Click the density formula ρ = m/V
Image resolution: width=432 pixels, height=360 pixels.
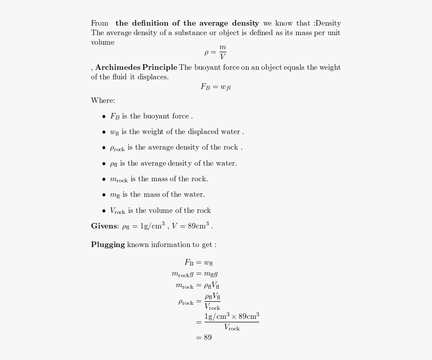pyautogui.click(x=215, y=52)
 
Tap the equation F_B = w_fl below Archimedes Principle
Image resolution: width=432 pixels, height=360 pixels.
pyautogui.click(x=215, y=87)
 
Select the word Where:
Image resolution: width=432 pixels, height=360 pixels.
pyautogui.click(x=103, y=100)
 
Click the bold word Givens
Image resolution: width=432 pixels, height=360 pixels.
pyautogui.click(x=104, y=226)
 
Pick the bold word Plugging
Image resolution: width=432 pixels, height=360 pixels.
pyautogui.click(x=107, y=245)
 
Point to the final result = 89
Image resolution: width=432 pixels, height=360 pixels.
pyautogui.click(x=204, y=337)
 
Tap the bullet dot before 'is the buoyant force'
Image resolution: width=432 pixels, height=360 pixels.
pyautogui.click(x=104, y=116)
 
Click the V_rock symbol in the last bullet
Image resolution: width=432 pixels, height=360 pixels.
pyautogui.click(x=118, y=211)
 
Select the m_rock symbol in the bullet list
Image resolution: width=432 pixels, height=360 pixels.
pyautogui.click(x=119, y=179)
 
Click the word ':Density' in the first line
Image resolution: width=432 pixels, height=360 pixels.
pyautogui.click(x=328, y=23)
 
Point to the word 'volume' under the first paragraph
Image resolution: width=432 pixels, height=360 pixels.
pyautogui.click(x=102, y=43)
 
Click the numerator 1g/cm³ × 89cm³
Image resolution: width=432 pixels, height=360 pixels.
pyautogui.click(x=232, y=316)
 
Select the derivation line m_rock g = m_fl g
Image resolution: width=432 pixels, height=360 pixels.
pyautogui.click(x=194, y=274)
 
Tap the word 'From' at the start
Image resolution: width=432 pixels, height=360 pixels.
pyautogui.click(x=99, y=23)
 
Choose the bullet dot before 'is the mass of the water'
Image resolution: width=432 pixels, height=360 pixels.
pyautogui.click(x=104, y=195)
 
